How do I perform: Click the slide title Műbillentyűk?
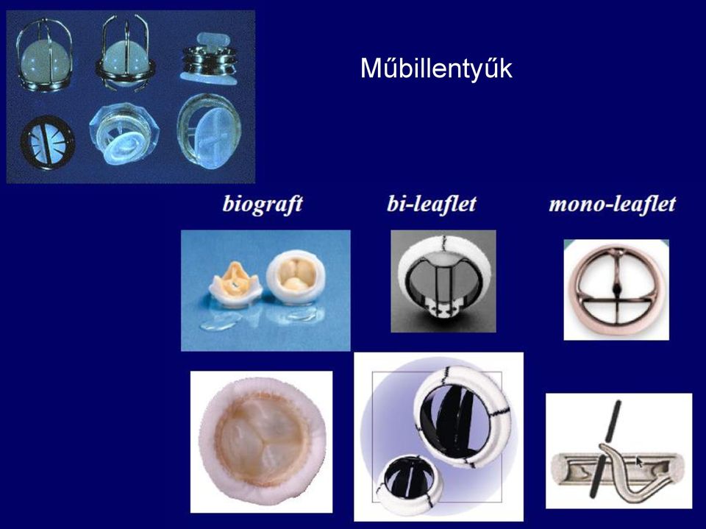[x=436, y=69]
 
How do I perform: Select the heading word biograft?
[x=263, y=204]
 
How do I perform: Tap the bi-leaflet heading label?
[x=432, y=204]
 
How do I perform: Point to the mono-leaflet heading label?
[x=613, y=204]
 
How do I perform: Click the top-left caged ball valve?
[x=44, y=55]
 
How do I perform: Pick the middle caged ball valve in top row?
[x=126, y=54]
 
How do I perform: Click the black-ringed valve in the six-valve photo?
[x=47, y=143]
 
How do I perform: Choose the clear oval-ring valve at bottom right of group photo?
[x=209, y=131]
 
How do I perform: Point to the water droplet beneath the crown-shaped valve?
[x=220, y=322]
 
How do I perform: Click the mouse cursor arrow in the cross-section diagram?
[x=639, y=461]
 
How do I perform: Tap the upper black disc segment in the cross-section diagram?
[x=613, y=421]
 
